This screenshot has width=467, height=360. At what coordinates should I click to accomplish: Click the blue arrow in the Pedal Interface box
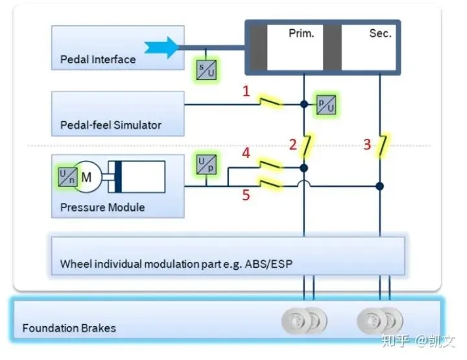coord(162,47)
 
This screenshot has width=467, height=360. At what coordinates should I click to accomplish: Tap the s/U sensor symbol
coord(206,70)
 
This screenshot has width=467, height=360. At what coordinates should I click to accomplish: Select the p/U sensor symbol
coord(326,105)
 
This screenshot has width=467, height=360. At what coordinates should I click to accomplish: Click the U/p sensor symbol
coord(206,164)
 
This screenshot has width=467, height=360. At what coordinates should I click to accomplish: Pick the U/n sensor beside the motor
coord(67,177)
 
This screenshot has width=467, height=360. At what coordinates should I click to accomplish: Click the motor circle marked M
coord(87,177)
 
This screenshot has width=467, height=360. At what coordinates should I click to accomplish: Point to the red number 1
coord(246,91)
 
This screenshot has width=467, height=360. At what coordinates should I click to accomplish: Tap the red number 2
coord(293,145)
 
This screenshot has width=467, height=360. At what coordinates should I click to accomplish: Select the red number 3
coord(367,145)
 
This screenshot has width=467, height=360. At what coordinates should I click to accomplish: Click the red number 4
coord(246,153)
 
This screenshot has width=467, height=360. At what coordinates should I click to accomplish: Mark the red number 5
coord(246,195)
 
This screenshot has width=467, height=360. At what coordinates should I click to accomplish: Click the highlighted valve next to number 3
coord(383,145)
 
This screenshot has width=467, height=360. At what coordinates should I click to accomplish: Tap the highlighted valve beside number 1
coord(270,102)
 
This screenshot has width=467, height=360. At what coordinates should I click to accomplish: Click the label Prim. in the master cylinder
coord(302,33)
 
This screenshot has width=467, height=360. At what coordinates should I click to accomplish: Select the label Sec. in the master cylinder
coord(380,33)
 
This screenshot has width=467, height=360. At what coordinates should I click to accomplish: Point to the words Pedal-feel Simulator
coord(111,125)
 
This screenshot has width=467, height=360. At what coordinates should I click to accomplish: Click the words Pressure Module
coord(102,208)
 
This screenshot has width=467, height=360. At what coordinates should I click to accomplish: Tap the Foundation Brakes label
coord(69,328)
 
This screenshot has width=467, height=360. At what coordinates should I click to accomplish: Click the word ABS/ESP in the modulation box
coord(269,264)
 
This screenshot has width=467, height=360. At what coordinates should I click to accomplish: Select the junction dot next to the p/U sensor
coord(304,104)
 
